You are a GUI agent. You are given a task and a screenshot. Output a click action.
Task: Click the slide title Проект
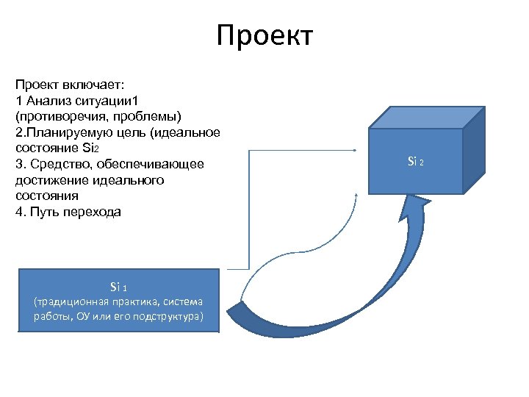coord(264,35)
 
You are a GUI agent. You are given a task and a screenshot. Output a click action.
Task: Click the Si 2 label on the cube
coord(415,161)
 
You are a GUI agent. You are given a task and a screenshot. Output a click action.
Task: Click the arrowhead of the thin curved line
coord(356,196)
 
